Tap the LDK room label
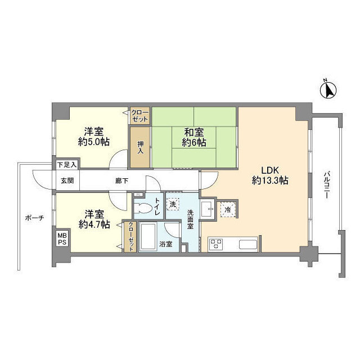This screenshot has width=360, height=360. (270, 175)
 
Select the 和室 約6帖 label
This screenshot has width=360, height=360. (193, 137)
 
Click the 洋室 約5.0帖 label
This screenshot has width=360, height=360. (93, 137)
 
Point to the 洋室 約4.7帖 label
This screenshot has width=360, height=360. (94, 219)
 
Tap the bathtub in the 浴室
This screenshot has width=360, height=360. (148, 237)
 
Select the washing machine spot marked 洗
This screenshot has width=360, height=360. (173, 204)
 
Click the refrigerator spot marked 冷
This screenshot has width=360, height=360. (228, 209)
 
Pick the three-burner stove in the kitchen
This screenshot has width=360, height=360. (217, 244)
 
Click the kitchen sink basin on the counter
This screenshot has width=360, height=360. (248, 244)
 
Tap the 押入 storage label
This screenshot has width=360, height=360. (140, 147)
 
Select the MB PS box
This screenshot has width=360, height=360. (62, 239)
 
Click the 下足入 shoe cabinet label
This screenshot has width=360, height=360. (67, 165)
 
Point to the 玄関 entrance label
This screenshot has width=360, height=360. (67, 181)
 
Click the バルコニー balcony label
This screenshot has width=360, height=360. (326, 185)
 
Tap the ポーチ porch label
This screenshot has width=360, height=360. (34, 218)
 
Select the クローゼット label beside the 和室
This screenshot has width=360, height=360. (140, 116)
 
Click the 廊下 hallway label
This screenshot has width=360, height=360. (121, 181)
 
